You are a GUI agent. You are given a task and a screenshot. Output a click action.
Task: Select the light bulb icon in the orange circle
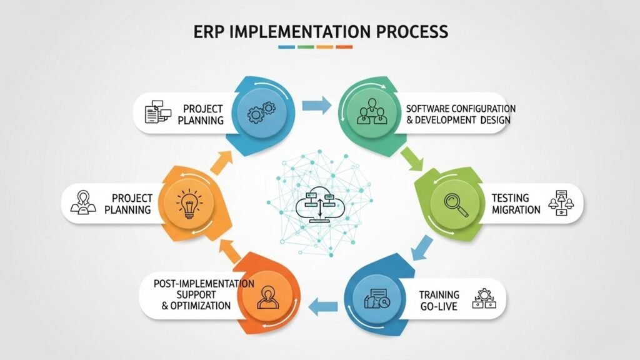click(x=187, y=202)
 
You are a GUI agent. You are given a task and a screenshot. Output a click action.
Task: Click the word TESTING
click(x=510, y=197)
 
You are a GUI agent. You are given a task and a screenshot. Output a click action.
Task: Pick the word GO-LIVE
click(x=439, y=306)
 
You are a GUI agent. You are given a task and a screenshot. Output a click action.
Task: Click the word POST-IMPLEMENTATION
click(x=204, y=283)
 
